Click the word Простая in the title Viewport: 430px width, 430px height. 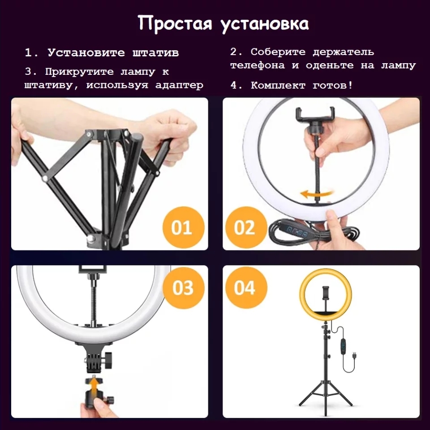[x=175, y=24]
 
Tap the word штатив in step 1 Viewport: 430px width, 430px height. [x=155, y=53]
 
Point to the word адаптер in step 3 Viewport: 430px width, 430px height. [x=179, y=85]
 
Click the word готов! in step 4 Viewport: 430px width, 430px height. [x=333, y=85]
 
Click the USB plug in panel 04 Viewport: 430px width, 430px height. [x=355, y=355]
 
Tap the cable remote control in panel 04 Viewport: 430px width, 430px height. [x=344, y=345]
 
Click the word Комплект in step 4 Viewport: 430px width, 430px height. [x=278, y=86]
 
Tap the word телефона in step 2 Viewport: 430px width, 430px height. [x=257, y=65]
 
